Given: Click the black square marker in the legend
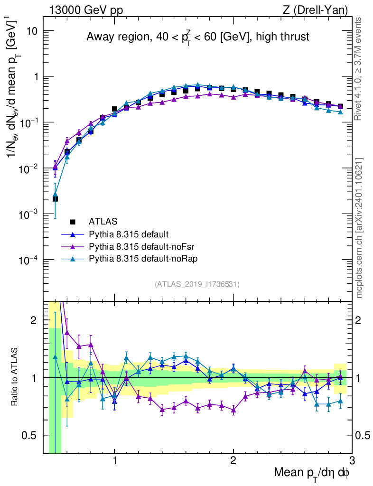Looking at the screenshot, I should tap(73, 221).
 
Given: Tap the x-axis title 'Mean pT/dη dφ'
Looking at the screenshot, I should tap(312, 472).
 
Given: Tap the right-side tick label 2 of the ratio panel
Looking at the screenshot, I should tap(359, 320).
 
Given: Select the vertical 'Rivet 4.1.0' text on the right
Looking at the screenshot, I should tap(359, 69).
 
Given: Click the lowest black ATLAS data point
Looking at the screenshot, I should tap(56, 199).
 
